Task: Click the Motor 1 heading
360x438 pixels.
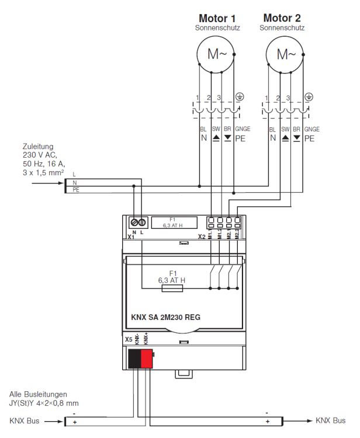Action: pos(217,18)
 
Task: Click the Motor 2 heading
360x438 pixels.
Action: pos(282,18)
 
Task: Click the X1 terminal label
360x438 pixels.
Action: pos(130,237)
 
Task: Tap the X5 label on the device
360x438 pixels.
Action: pos(129,339)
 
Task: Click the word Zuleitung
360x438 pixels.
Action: pos(38,146)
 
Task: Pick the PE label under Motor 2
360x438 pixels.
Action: pos(309,138)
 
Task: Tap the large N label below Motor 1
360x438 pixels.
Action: pos(204,138)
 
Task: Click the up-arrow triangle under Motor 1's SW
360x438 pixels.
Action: pos(216,138)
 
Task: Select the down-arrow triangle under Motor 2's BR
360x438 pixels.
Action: pos(296,138)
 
